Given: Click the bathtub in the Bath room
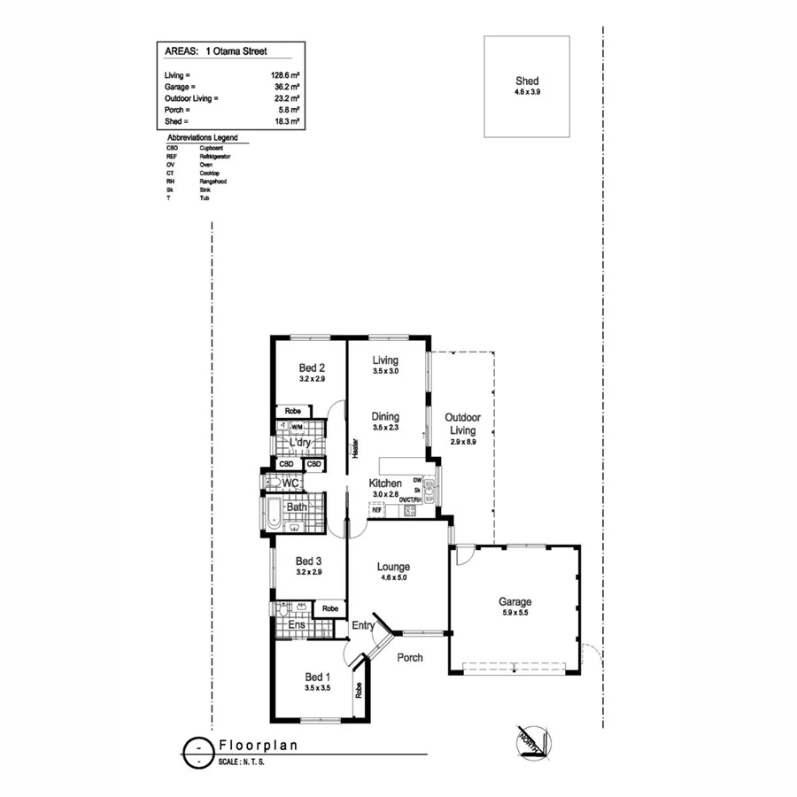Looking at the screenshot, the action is [x=273, y=511].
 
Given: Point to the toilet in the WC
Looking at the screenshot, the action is [x=272, y=483].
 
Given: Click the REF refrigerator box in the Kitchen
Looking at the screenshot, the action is [x=376, y=510].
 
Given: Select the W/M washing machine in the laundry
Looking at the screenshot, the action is [x=298, y=426].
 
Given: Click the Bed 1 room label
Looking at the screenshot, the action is [x=317, y=677].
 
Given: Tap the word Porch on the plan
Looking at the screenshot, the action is [x=409, y=658].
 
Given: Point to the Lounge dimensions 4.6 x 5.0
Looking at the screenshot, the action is [x=392, y=577].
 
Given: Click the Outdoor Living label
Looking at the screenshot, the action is [x=462, y=423].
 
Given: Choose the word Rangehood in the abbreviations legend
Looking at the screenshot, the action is [x=213, y=180].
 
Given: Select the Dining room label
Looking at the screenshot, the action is [x=385, y=416].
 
